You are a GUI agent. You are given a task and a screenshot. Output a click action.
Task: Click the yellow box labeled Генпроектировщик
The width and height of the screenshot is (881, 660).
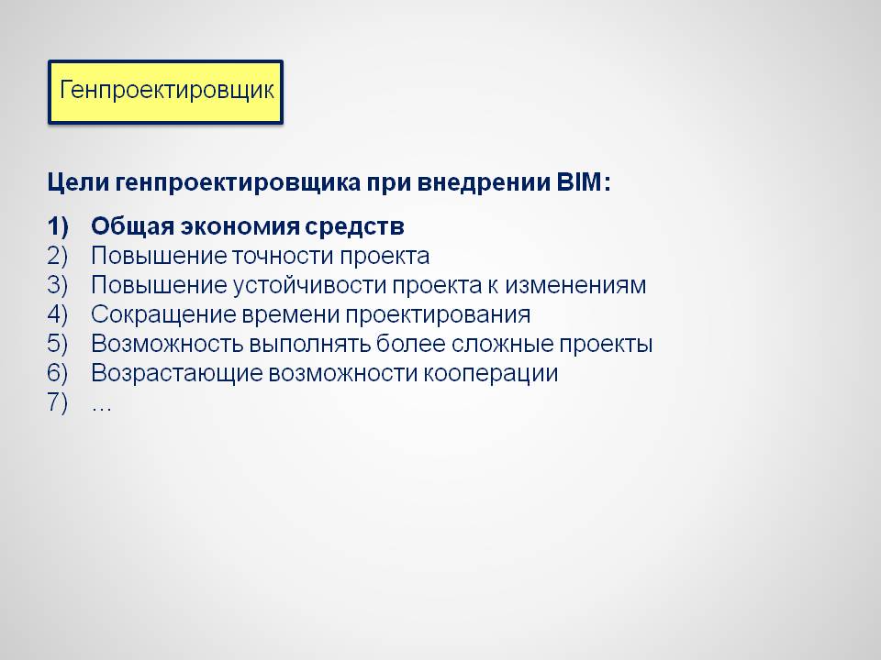click(x=165, y=92)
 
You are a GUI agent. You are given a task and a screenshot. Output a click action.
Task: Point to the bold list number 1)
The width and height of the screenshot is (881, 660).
click(x=57, y=226)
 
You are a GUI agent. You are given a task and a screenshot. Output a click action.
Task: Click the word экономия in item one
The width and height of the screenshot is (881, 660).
click(x=240, y=226)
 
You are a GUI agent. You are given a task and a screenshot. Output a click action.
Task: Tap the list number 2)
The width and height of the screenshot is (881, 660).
click(x=57, y=256)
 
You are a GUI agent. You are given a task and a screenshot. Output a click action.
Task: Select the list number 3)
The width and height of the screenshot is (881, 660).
click(x=57, y=285)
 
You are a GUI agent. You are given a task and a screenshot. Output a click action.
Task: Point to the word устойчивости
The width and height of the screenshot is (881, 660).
click(x=308, y=285)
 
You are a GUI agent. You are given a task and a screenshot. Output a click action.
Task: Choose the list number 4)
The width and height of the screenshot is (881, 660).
click(x=57, y=314)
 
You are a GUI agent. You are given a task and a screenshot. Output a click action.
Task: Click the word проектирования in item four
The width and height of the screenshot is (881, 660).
click(x=438, y=315)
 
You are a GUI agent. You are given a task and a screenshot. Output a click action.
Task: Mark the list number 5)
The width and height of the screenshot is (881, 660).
click(x=57, y=344)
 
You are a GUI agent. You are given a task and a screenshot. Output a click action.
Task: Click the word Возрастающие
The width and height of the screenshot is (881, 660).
click(x=177, y=373)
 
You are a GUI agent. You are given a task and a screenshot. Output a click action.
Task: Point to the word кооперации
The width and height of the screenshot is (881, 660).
click(x=490, y=374)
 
